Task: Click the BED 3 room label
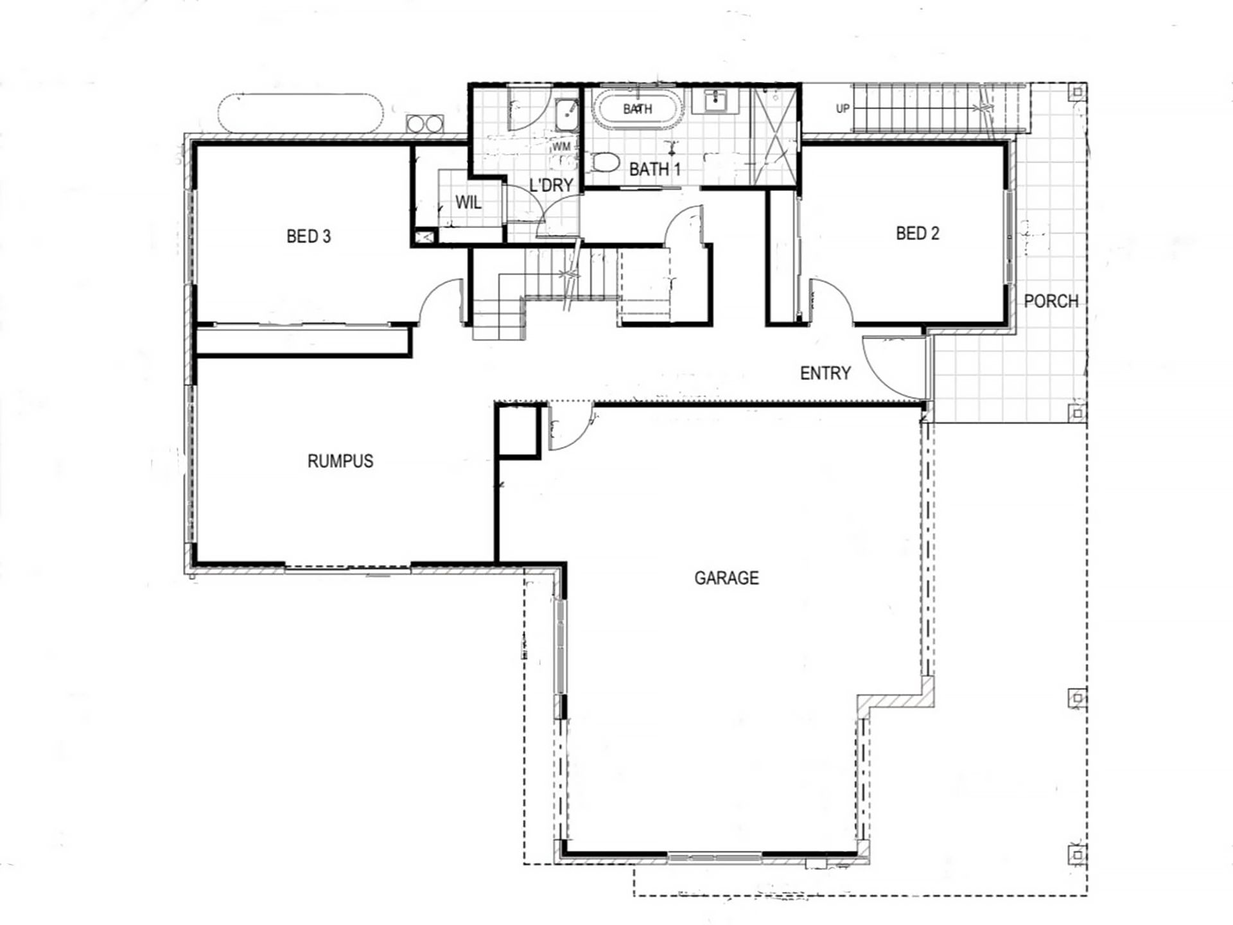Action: (x=308, y=236)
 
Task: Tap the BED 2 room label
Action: (x=917, y=233)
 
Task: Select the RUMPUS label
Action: (x=340, y=461)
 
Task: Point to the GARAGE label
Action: (x=726, y=578)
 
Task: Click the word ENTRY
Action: (x=825, y=373)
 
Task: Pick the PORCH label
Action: (x=1051, y=301)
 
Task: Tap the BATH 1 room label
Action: (x=654, y=170)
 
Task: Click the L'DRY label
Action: (x=551, y=185)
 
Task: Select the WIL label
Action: (x=468, y=202)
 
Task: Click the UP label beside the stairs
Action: (x=843, y=109)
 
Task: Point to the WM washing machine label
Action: (x=561, y=146)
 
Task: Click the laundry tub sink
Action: (x=566, y=116)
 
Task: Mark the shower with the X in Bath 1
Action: (x=774, y=136)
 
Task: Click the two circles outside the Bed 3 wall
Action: (x=424, y=123)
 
